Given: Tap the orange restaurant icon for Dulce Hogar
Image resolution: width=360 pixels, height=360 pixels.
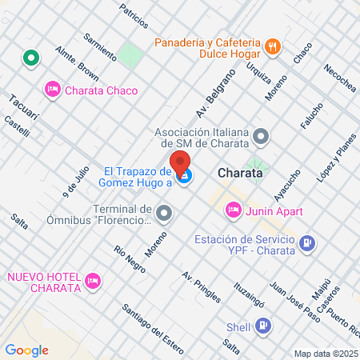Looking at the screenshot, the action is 272,46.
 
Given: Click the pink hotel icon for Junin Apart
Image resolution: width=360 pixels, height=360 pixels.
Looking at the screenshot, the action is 233,210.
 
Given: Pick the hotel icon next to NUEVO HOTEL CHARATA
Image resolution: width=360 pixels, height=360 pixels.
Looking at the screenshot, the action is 93,281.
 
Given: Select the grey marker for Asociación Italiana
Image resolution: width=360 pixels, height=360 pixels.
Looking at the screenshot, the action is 262,137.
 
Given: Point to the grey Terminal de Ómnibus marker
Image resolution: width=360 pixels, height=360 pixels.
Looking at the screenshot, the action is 164,213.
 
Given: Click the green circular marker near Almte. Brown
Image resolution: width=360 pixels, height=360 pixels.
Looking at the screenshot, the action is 31,58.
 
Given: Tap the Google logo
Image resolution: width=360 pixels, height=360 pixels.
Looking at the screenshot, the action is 26,350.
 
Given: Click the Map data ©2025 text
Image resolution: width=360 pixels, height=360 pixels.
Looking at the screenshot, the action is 324,353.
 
